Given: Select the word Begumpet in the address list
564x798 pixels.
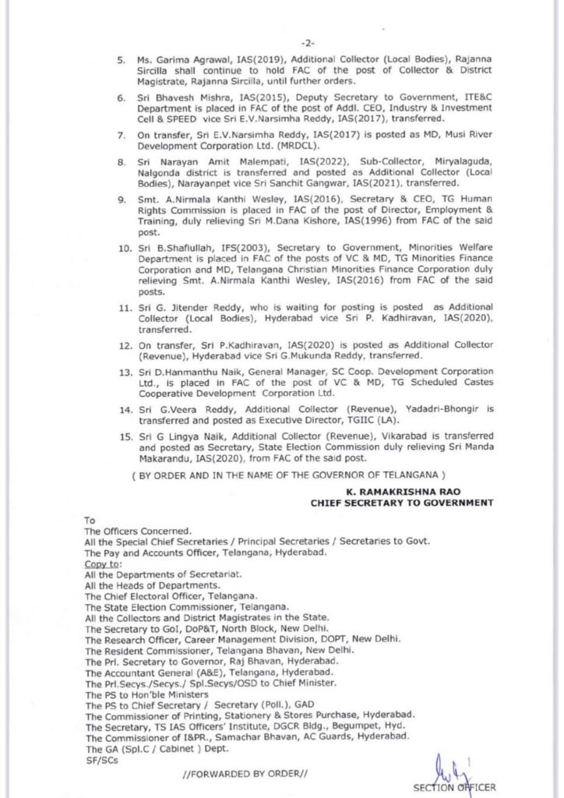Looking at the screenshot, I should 351,724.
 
